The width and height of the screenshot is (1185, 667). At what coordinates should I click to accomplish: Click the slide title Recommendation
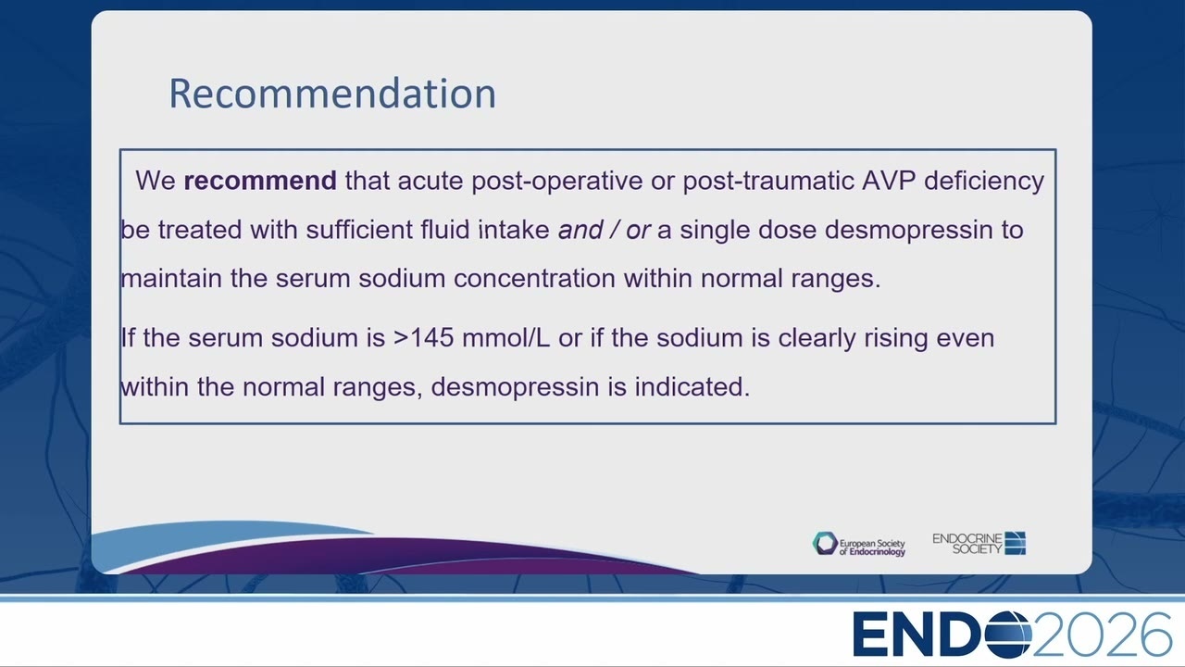[332, 94]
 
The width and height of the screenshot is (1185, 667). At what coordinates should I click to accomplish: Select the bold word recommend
[260, 181]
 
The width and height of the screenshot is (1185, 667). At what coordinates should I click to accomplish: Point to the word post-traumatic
[767, 182]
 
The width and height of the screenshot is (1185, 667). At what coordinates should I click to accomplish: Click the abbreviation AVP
[889, 181]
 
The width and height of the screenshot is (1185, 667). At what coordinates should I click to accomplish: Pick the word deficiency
[984, 182]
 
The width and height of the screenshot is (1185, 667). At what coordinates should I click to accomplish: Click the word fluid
[445, 230]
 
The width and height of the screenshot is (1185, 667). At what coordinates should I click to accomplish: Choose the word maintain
[171, 279]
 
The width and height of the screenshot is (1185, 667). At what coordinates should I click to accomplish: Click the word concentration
[534, 279]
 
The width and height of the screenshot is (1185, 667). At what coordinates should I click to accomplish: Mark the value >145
[423, 338]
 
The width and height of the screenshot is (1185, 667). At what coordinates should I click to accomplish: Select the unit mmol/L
[505, 338]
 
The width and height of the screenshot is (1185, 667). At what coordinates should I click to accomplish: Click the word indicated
[692, 387]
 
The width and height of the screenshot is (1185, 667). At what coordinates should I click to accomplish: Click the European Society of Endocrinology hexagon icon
[825, 544]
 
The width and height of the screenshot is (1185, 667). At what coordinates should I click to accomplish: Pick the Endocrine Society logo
[979, 544]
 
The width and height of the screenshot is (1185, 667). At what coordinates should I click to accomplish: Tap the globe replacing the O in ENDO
[1008, 635]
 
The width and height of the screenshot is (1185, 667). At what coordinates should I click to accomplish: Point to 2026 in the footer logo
[1102, 635]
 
